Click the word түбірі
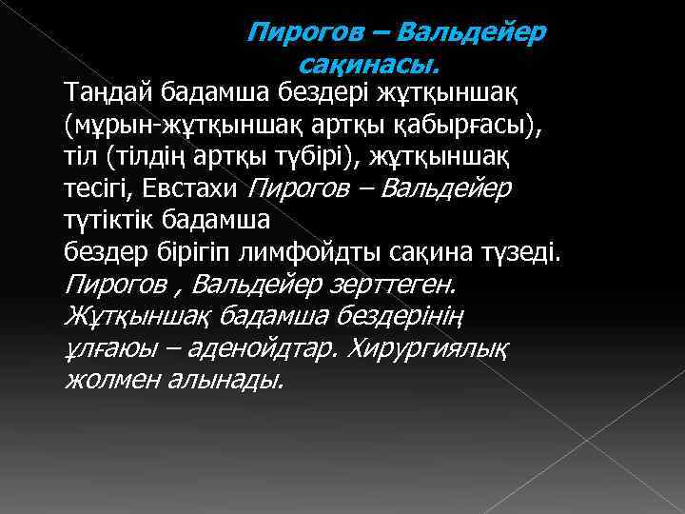[x=323, y=157]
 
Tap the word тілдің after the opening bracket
[x=162, y=157]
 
